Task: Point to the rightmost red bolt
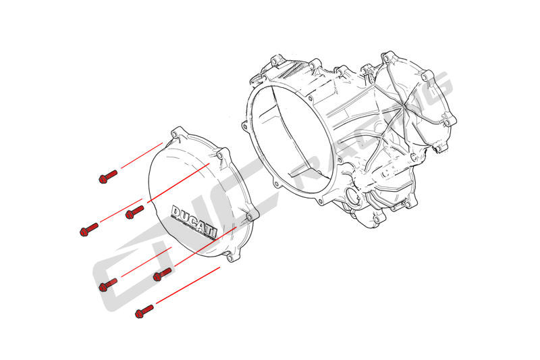pos(162,274)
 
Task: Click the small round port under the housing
pos(352,197)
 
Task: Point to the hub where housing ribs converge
pos(404,106)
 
